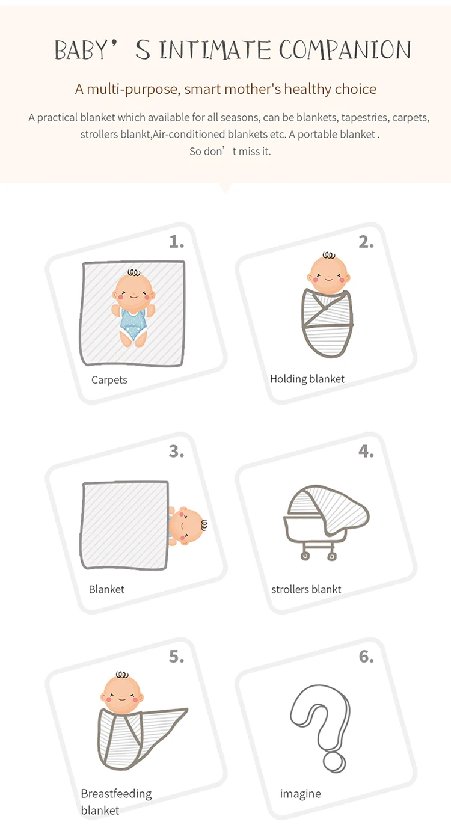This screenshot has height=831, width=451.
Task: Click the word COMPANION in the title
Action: tap(345, 50)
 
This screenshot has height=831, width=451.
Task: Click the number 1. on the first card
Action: tap(176, 242)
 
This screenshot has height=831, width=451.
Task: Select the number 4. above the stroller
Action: tap(366, 452)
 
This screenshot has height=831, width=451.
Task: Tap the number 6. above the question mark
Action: tap(366, 657)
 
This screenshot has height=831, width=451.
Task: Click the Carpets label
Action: tap(109, 380)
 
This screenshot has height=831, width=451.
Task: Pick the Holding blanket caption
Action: tap(307, 379)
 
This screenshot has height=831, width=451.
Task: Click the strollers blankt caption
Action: tap(306, 589)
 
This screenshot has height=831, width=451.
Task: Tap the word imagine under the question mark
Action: tap(301, 794)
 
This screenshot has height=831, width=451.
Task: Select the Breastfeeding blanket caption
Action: tap(116, 802)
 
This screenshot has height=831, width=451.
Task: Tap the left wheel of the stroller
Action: tap(305, 556)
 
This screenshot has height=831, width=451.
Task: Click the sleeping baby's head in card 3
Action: tap(187, 526)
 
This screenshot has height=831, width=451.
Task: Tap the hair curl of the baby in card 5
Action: tap(123, 675)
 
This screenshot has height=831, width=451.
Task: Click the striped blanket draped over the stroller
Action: tap(330, 508)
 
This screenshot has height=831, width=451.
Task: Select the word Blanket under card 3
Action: tap(106, 589)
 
